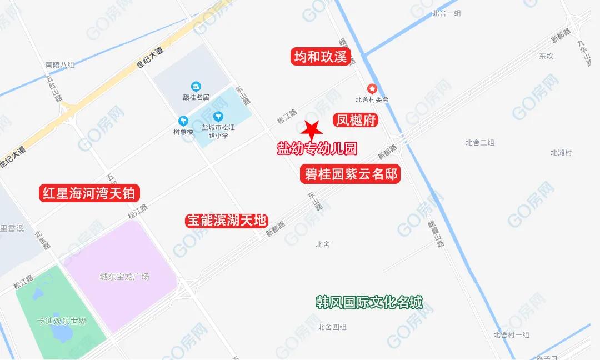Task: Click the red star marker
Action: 312,128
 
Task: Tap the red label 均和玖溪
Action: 320,57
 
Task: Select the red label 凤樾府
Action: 356,121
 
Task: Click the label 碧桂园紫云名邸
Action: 350,174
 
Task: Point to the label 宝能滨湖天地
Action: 227,221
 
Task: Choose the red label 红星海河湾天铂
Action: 89,193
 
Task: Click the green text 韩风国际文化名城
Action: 369,303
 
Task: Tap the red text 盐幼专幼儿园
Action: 317,148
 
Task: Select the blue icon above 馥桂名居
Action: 196,86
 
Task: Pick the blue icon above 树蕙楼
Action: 183,121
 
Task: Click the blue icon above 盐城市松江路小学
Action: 217,117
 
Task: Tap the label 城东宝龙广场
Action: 124,277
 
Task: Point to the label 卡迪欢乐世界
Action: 62,321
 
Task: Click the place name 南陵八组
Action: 60,65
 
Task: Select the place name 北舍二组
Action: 480,143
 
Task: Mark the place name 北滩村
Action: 561,152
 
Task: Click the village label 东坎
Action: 546,56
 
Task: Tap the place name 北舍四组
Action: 332,327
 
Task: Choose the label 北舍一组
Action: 447,13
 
